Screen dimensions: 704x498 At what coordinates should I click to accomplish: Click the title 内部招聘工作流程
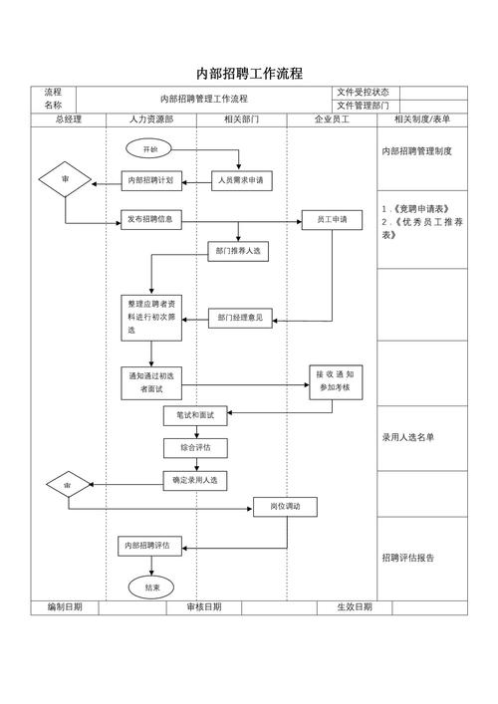(x=249, y=73)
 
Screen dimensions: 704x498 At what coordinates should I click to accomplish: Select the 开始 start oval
(x=150, y=148)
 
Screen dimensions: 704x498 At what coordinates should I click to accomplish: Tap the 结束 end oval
(x=151, y=587)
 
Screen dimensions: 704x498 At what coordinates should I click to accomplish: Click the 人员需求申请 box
(x=241, y=180)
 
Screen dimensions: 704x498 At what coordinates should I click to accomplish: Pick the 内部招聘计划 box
(x=152, y=180)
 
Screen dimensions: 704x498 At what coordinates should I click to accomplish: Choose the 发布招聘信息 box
(x=152, y=219)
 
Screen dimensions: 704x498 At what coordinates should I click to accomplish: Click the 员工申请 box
(x=332, y=219)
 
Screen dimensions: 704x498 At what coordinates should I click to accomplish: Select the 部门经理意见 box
(x=240, y=319)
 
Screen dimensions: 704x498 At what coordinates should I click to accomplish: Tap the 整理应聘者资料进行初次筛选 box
(x=152, y=317)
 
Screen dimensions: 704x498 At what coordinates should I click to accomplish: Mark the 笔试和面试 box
(x=195, y=415)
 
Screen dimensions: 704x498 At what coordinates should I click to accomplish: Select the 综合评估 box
(x=195, y=448)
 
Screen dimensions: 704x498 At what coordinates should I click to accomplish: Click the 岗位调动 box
(x=285, y=507)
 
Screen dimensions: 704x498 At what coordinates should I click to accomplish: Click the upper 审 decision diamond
(x=66, y=180)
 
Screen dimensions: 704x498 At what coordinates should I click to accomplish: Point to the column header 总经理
(x=68, y=118)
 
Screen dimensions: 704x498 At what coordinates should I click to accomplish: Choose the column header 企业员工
(x=332, y=118)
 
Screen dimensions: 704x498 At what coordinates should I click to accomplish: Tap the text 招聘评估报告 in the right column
(x=408, y=557)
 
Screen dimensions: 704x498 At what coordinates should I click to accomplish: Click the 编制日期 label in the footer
(x=65, y=606)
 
